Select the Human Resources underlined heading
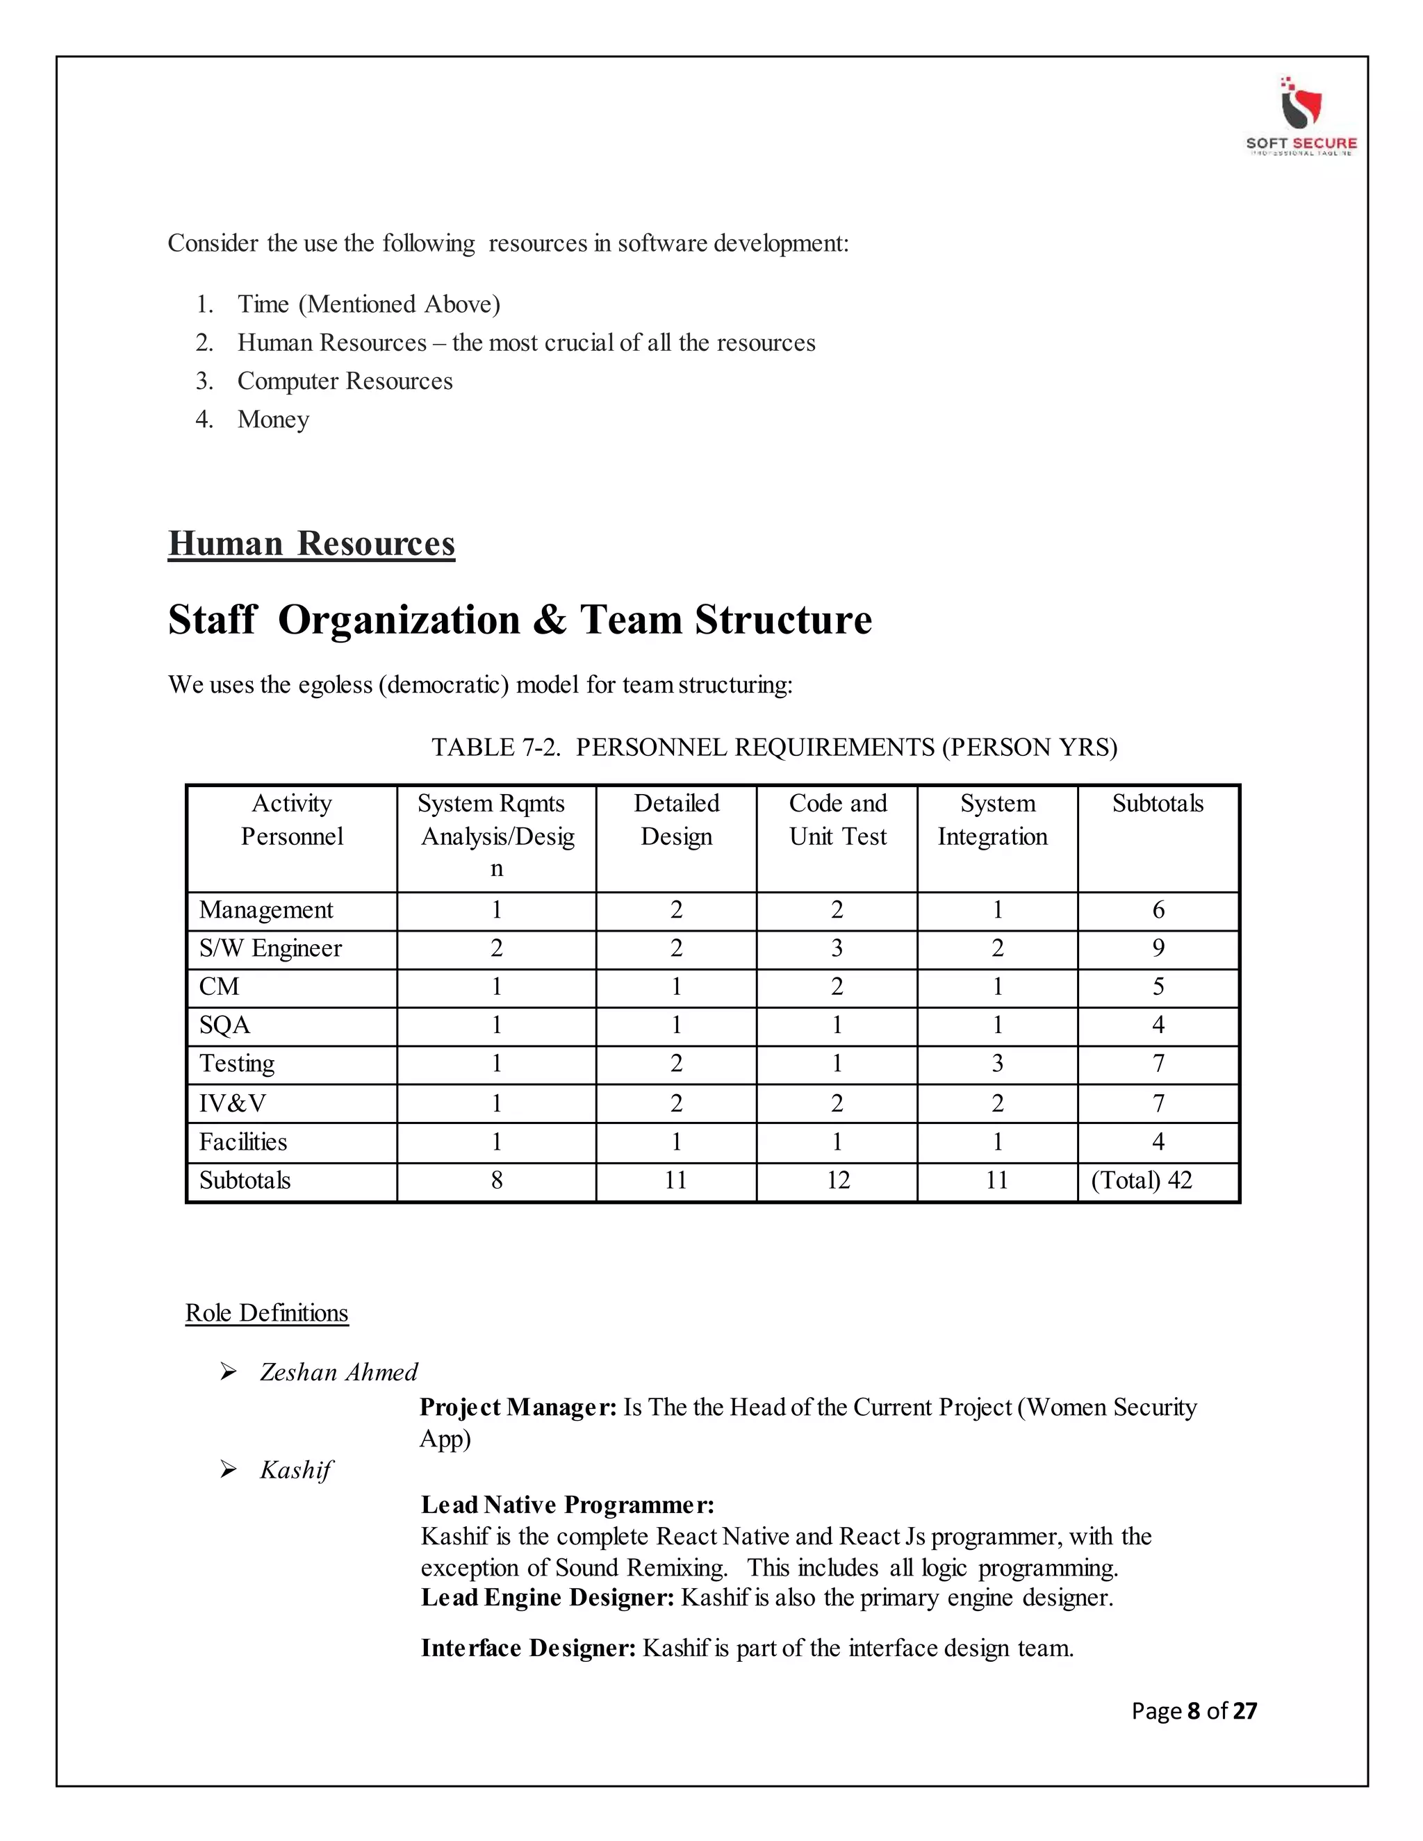click(311, 544)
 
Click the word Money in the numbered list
click(273, 419)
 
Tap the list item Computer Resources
click(345, 381)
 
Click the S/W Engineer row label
click(270, 948)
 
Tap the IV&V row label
click(233, 1103)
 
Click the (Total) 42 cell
click(1142, 1180)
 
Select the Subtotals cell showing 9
click(1158, 948)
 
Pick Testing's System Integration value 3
click(997, 1064)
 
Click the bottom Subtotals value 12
click(837, 1180)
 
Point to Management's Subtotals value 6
click(1158, 909)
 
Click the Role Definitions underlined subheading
click(266, 1312)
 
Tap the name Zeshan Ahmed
click(338, 1372)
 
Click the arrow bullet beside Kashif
click(229, 1469)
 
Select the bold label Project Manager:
click(518, 1407)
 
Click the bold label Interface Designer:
click(529, 1648)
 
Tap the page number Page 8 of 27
click(1194, 1710)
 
